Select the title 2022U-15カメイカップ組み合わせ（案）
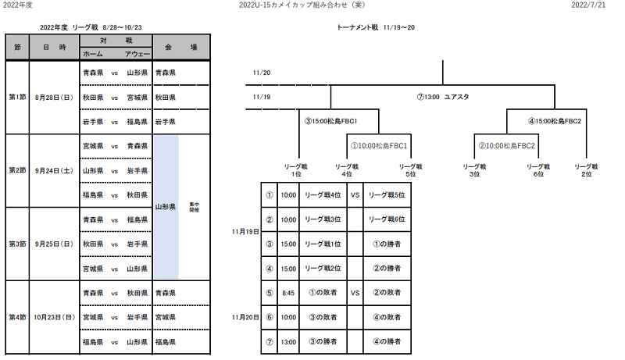pyautogui.click(x=312, y=5)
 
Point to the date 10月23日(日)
pyautogui.click(x=54, y=318)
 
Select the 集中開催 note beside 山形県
pyautogui.click(x=195, y=207)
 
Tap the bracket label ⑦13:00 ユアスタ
pyautogui.click(x=442, y=97)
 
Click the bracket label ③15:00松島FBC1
pyautogui.click(x=330, y=121)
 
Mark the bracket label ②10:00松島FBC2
pyautogui.click(x=506, y=145)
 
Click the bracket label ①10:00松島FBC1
pyautogui.click(x=379, y=145)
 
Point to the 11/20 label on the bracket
pyautogui.click(x=262, y=73)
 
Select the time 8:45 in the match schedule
pyautogui.click(x=288, y=293)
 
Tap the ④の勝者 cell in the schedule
pyautogui.click(x=387, y=341)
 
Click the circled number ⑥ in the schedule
pyautogui.click(x=269, y=317)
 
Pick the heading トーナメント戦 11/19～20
pyautogui.click(x=376, y=27)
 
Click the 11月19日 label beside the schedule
pyautogui.click(x=245, y=232)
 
